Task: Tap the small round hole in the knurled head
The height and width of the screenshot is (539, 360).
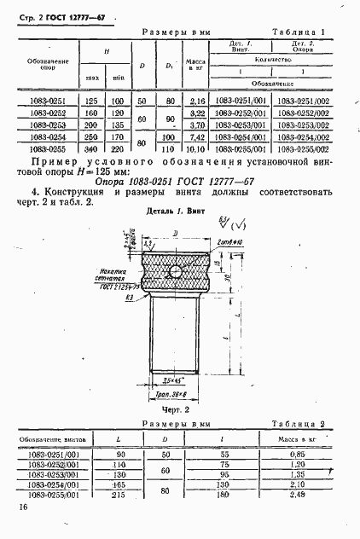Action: (x=174, y=272)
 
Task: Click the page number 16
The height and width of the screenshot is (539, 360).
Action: (x=20, y=508)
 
